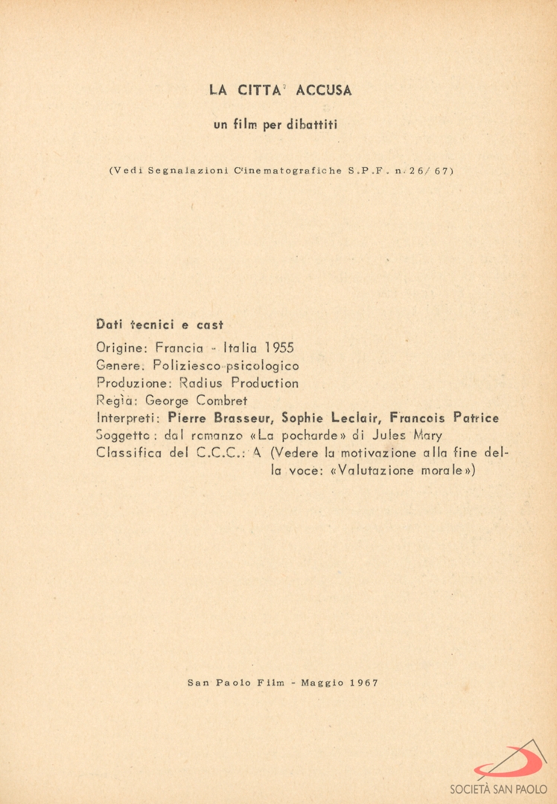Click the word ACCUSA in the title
[x=324, y=91]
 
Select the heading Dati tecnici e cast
[x=161, y=325]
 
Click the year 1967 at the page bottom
[x=364, y=683]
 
